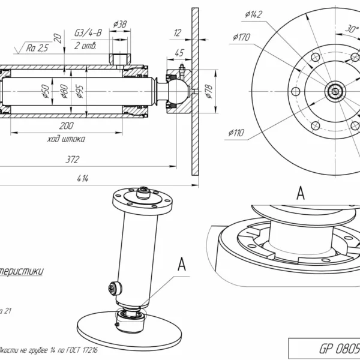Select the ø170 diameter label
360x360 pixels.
tap(242, 37)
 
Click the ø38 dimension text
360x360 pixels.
tap(120, 25)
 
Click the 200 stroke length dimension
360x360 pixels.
tap(67, 125)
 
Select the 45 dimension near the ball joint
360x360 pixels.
tap(178, 53)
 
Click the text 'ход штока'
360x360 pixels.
tap(66, 139)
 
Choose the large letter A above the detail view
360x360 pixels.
tap(301, 193)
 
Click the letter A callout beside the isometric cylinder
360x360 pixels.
tap(182, 263)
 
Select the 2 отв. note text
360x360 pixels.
tap(86, 46)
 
